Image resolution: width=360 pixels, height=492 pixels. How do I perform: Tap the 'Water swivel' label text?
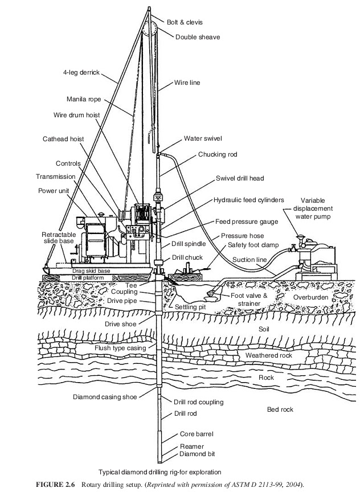click(x=203, y=138)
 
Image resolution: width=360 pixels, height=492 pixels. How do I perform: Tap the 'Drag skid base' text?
click(x=91, y=270)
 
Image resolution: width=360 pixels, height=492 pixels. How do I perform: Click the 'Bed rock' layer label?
click(x=281, y=409)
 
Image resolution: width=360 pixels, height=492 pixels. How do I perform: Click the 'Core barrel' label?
click(x=197, y=433)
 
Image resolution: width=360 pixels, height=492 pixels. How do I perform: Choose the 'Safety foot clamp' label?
click(x=253, y=245)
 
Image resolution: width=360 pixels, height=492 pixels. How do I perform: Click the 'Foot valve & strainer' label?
click(x=249, y=300)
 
